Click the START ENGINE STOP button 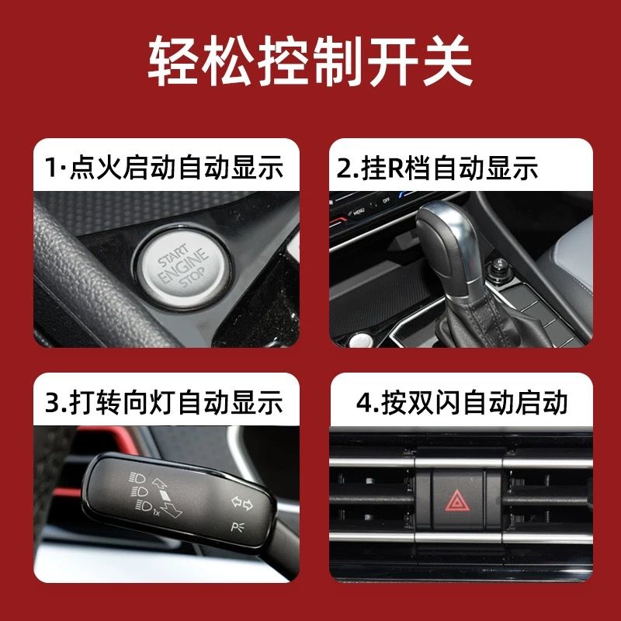(x=182, y=269)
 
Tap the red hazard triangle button (x=457, y=500)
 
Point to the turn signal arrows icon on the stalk (x=242, y=503)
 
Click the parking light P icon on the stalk (x=238, y=527)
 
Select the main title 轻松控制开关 (x=310, y=61)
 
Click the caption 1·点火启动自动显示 (x=164, y=167)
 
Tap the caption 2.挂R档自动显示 (x=437, y=168)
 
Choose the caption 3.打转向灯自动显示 (x=164, y=402)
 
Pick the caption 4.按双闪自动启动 (x=462, y=402)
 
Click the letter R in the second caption (x=394, y=168)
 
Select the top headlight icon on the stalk (x=137, y=478)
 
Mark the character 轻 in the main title (x=172, y=61)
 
